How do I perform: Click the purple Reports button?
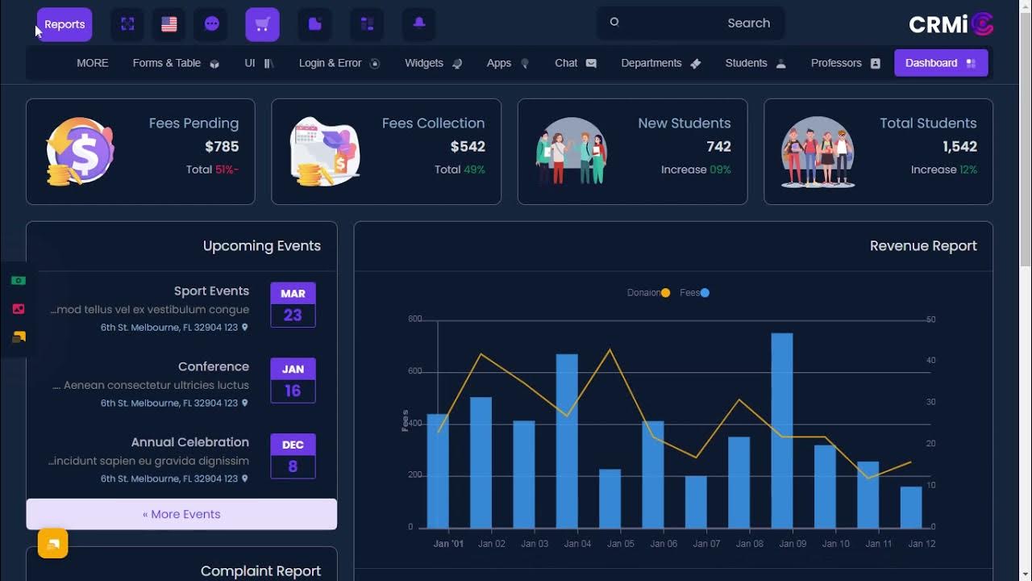(x=64, y=24)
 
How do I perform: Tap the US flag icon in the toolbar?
(x=169, y=24)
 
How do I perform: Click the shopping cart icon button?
(x=262, y=24)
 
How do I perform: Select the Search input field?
(x=690, y=23)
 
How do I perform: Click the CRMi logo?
(x=951, y=24)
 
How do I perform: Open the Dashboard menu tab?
(x=940, y=63)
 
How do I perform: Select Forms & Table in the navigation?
(x=175, y=63)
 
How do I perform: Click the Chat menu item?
(x=575, y=63)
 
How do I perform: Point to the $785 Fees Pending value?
(x=222, y=147)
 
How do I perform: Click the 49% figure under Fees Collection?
(x=474, y=169)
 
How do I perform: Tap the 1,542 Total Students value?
(x=959, y=147)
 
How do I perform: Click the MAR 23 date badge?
(x=293, y=304)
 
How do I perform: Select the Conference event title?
(x=213, y=366)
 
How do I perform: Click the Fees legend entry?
(x=694, y=293)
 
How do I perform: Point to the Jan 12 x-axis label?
(x=922, y=544)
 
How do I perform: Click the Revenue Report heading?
(x=923, y=246)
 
